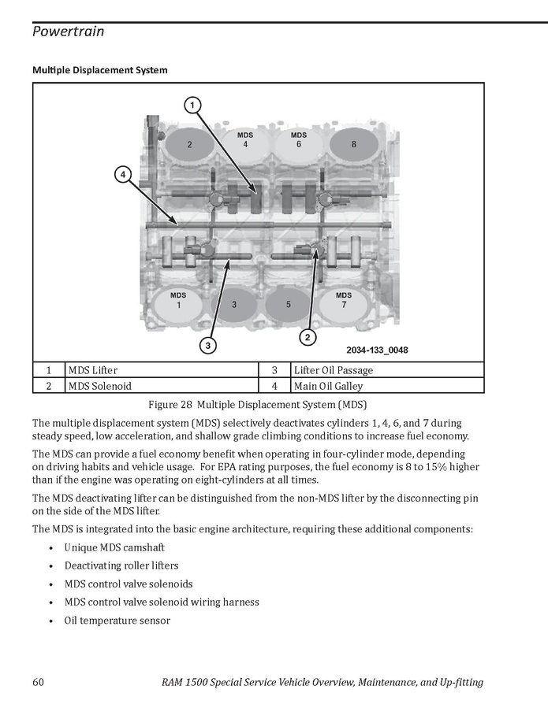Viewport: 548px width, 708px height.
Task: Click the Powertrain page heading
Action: (69, 32)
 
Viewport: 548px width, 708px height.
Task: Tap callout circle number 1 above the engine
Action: (192, 104)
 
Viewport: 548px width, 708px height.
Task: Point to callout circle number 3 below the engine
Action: (207, 345)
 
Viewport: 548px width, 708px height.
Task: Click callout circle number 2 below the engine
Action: (307, 337)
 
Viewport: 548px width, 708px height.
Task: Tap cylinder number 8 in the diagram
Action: (353, 145)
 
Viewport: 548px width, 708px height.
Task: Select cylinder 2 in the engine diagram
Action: (189, 145)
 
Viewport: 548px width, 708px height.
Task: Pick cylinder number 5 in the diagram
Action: (289, 304)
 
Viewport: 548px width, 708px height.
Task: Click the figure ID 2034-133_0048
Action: (376, 350)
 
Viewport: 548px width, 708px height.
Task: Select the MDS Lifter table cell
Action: (92, 370)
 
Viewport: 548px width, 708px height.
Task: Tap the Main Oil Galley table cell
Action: (328, 387)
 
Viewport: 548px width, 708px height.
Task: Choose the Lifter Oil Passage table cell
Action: (333, 370)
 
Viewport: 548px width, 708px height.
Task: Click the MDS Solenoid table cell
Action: (99, 387)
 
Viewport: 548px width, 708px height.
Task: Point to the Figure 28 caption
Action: (258, 405)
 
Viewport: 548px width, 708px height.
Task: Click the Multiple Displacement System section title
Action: (99, 70)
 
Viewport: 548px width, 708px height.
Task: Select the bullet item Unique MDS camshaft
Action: (114, 547)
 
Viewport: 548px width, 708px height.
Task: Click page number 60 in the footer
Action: (39, 682)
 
